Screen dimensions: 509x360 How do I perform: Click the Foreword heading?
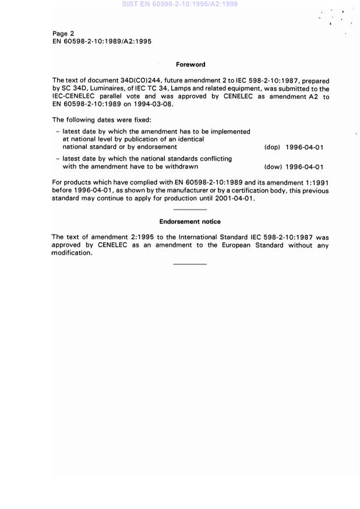click(x=190, y=65)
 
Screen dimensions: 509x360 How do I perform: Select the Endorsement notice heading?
click(x=190, y=222)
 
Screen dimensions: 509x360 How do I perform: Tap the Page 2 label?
click(x=63, y=34)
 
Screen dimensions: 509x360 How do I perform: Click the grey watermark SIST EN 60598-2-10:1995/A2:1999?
click(x=179, y=4)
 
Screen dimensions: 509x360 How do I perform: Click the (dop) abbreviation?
click(x=272, y=147)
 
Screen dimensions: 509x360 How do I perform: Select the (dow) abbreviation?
click(x=273, y=167)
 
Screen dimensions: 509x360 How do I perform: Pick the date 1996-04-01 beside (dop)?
click(x=305, y=147)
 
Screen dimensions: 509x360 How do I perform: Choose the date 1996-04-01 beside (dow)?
click(x=305, y=167)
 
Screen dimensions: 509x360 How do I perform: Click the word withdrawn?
click(x=189, y=167)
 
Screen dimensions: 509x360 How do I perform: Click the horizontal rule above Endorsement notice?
click(x=190, y=210)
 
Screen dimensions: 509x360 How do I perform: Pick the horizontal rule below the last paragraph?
click(x=190, y=264)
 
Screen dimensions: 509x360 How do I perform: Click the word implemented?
click(x=230, y=132)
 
